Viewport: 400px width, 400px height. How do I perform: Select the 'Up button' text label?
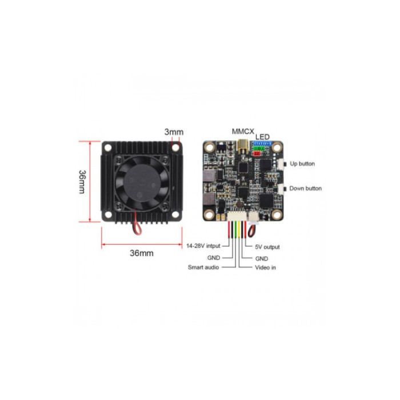coord(302,163)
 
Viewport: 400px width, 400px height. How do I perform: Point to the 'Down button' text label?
coord(306,188)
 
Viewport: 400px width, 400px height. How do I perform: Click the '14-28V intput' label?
coord(203,246)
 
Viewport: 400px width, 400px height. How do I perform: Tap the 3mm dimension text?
coord(173,132)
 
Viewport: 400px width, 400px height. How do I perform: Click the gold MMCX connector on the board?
coord(242,146)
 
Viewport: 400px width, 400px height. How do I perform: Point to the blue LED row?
coord(262,143)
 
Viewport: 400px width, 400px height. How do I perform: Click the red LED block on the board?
coord(257,154)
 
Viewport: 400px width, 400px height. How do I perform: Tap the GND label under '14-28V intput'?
coord(214,258)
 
